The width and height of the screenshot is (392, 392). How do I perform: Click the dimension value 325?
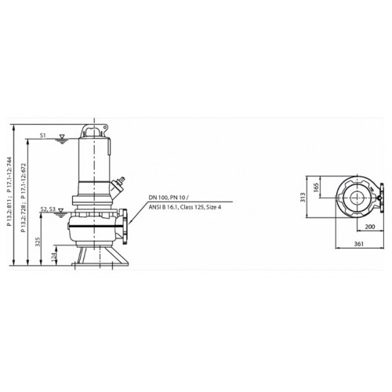pos(38,242)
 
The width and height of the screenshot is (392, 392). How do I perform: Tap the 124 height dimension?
pos(54,256)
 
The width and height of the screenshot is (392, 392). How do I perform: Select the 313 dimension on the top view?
pos(303,197)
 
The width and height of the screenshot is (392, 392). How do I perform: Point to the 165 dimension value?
pos(316,187)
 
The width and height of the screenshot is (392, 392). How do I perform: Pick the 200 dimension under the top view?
pos(370,227)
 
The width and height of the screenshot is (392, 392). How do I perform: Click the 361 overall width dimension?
pos(359,244)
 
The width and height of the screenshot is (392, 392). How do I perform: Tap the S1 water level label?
pos(43,135)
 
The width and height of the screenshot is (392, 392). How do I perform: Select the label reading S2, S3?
pos(49,209)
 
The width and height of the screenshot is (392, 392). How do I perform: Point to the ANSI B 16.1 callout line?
pos(185,207)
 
